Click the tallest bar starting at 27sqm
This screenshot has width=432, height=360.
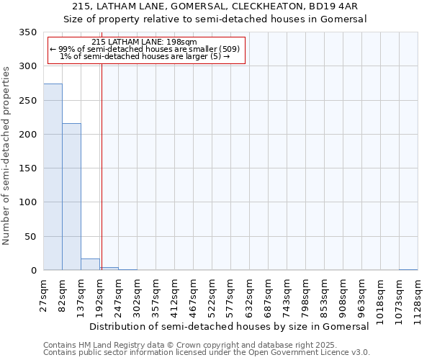53,177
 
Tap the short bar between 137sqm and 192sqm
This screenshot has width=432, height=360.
90,264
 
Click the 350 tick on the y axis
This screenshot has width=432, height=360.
28,32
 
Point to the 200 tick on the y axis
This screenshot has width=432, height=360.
28,135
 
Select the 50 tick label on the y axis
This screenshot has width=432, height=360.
31,237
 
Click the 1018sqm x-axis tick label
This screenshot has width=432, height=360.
381,295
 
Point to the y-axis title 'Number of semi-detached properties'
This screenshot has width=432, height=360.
6,156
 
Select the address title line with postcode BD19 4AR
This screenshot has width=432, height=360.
215,7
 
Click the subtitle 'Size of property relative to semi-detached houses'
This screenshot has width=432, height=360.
215,20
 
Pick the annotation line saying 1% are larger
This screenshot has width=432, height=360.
144,57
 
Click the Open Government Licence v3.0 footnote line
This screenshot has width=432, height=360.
207,353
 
